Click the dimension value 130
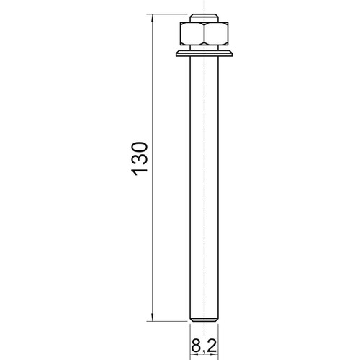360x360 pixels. (139, 158)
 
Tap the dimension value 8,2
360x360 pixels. (204, 346)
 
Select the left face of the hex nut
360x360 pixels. (192, 34)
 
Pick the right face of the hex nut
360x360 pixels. (216, 34)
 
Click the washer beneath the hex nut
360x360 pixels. (204, 53)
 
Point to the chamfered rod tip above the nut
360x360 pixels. (204, 18)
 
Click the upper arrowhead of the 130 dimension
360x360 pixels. (152, 18)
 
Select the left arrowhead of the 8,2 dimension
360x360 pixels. (194, 354)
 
